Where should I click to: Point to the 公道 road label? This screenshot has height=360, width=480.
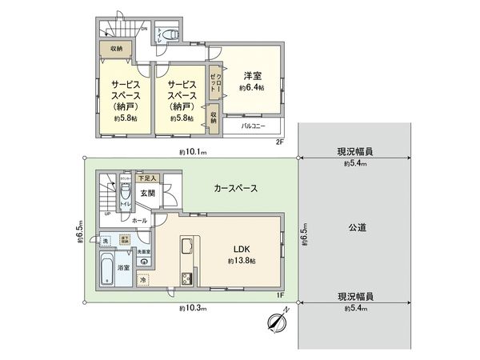coord(357,228)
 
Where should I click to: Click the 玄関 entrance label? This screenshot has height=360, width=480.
coord(148,193)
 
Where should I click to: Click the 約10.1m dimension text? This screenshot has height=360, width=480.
coord(193,151)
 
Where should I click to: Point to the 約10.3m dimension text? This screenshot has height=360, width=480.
coord(193,308)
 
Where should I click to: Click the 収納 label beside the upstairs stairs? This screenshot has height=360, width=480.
coord(117,49)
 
